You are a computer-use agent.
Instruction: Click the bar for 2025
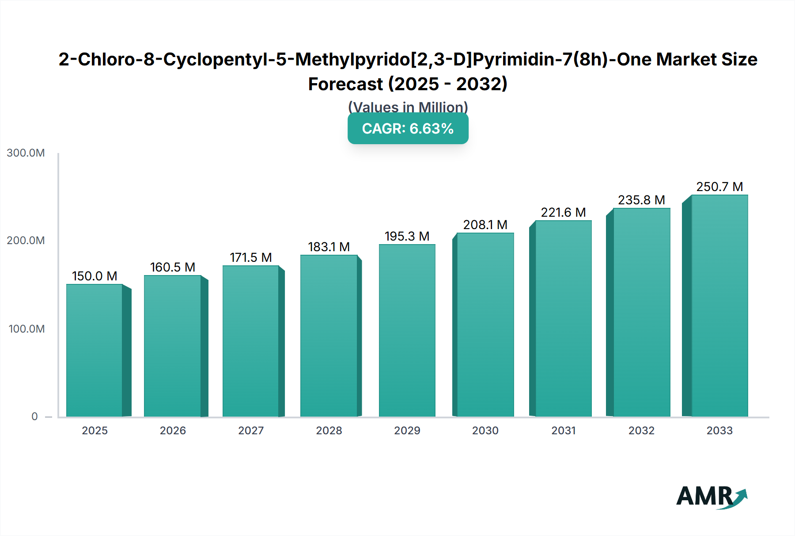tap(94, 350)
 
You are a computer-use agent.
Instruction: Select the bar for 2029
tap(407, 330)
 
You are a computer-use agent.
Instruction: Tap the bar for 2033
tap(719, 306)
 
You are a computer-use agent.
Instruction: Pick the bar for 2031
tap(563, 318)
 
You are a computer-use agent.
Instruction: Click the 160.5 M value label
tap(173, 267)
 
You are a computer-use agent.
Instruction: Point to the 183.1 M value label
tap(329, 247)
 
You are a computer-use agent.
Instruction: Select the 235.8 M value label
tap(641, 200)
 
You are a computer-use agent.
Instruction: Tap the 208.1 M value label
tap(485, 225)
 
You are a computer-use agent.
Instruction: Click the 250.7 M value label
tap(719, 187)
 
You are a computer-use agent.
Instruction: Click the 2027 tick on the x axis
tap(251, 430)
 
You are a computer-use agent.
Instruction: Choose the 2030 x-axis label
tap(485, 430)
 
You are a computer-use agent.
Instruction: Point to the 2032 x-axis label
tap(641, 430)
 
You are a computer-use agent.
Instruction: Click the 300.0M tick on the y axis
tap(26, 153)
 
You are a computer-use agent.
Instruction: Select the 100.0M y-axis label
tap(26, 329)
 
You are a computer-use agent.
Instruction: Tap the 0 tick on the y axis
tap(34, 417)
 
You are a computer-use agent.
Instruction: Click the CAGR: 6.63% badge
tap(408, 129)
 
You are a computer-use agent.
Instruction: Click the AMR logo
tap(711, 497)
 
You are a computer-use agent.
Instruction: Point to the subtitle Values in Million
tap(408, 107)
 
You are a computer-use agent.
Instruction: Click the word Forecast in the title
tap(345, 84)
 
